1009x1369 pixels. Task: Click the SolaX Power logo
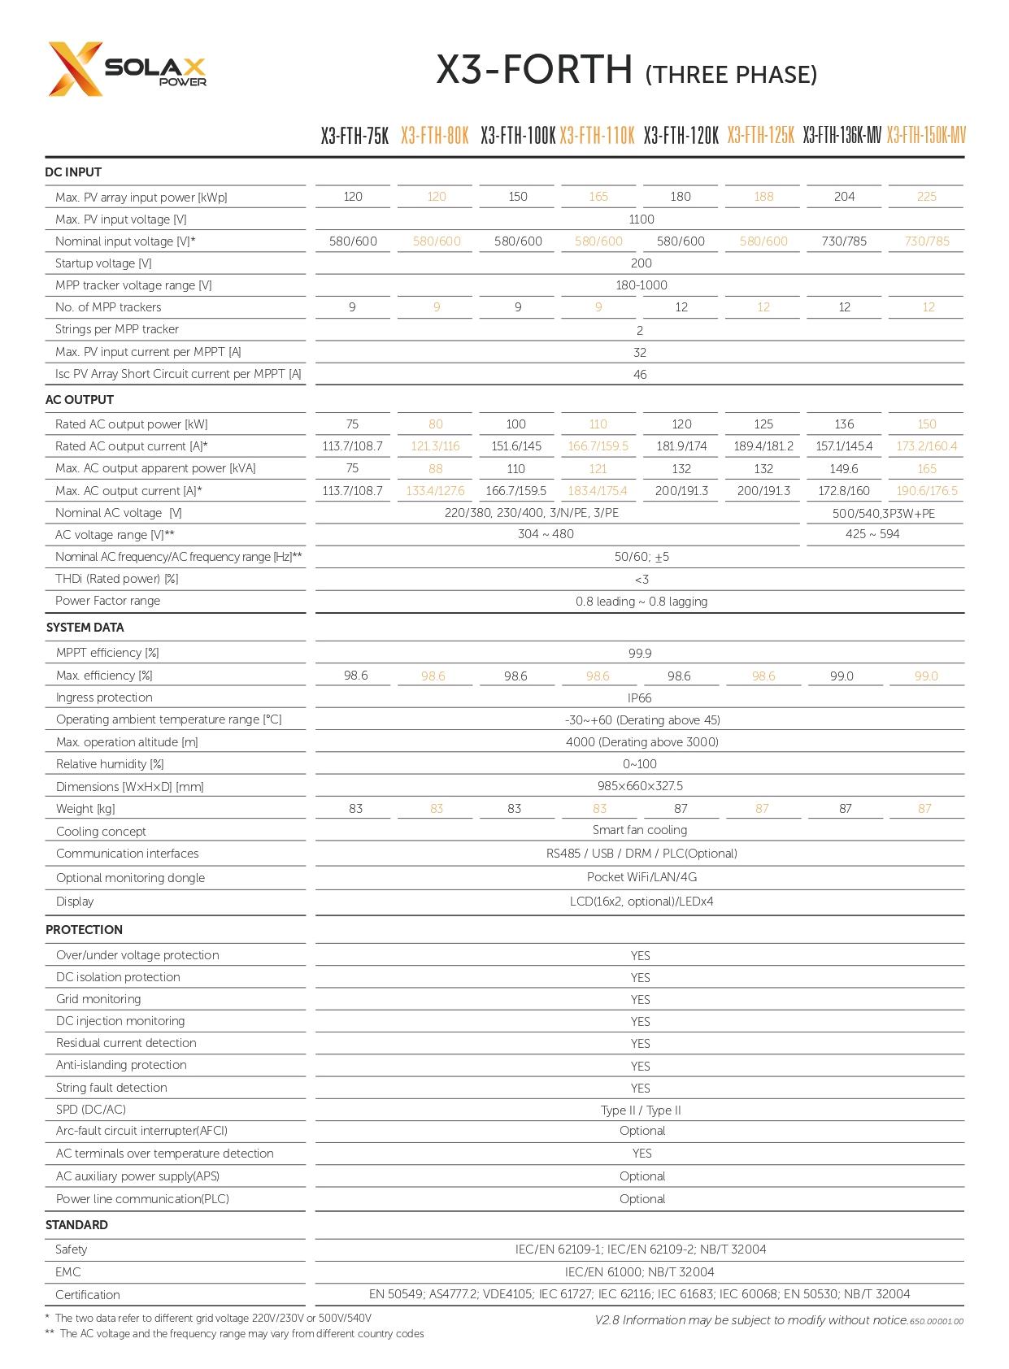click(127, 69)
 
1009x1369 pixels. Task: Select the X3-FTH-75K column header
click(354, 136)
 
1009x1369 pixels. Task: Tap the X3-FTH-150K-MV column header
click(926, 136)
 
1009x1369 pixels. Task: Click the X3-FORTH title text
click(534, 70)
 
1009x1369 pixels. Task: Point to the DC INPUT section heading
click(73, 172)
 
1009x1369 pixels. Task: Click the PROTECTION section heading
click(84, 930)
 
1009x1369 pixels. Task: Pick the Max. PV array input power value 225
click(926, 197)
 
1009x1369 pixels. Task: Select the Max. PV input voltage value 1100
click(641, 219)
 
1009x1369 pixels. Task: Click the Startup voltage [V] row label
click(103, 263)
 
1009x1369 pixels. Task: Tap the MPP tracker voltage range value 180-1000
click(641, 285)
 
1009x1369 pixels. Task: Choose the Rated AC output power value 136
click(844, 424)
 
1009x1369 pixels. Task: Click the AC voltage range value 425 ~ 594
click(872, 534)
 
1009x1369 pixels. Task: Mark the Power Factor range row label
click(107, 601)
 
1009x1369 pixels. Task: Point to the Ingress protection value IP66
click(640, 698)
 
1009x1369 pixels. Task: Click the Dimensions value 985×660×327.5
click(640, 786)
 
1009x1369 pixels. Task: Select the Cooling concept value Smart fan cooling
click(640, 830)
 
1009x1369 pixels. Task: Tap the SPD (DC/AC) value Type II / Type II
click(641, 1110)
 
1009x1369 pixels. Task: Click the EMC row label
click(68, 1272)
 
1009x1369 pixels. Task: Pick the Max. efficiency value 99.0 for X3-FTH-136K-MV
click(842, 676)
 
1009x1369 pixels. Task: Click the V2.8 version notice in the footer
click(751, 1320)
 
